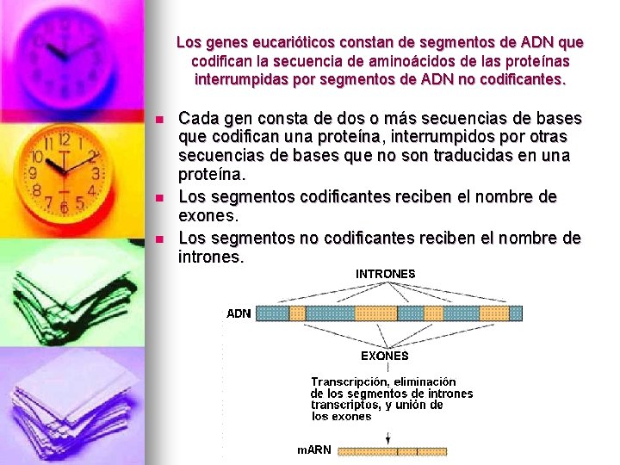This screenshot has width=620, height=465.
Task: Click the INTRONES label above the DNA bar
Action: coord(385,274)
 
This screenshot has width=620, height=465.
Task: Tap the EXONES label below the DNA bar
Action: coord(384,355)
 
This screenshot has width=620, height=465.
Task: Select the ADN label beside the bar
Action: coord(239,313)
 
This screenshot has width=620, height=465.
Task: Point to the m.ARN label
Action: coord(314,450)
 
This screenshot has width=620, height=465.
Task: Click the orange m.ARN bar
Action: coord(392,450)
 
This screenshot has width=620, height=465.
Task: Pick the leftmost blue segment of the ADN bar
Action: coord(272,313)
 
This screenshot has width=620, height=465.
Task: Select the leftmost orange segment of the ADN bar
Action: coord(298,313)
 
